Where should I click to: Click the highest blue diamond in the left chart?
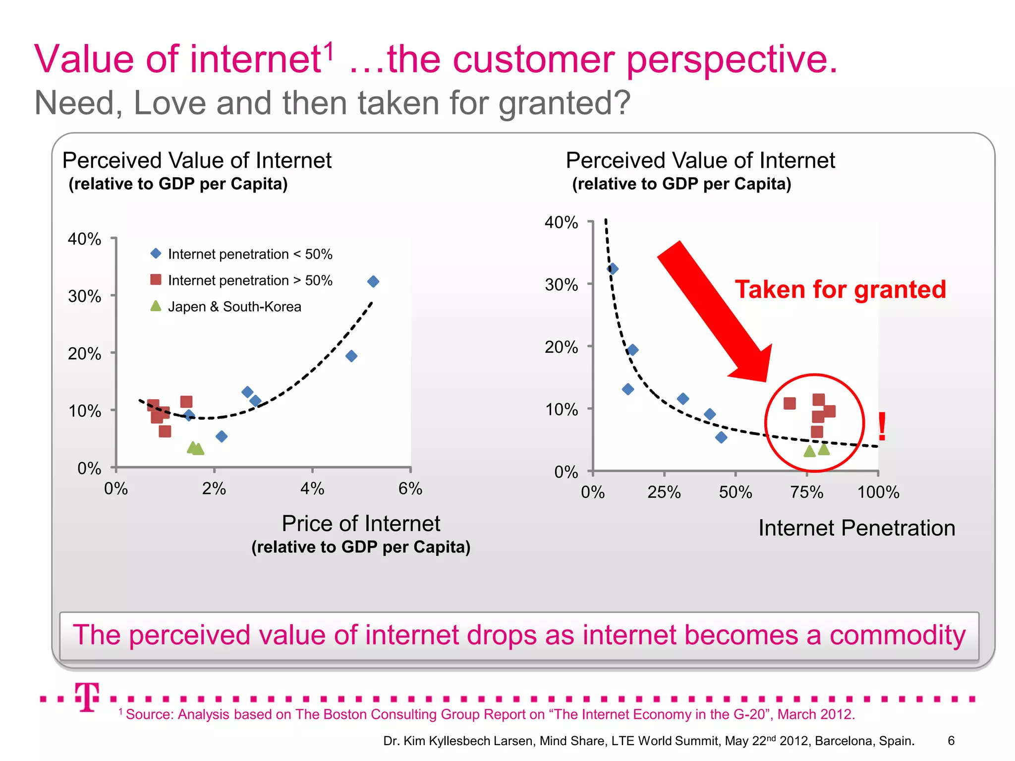[x=373, y=281]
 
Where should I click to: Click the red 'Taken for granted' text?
[x=841, y=289]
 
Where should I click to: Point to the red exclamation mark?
[x=882, y=427]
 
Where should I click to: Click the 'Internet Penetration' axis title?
[x=856, y=528]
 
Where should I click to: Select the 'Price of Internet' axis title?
[x=361, y=524]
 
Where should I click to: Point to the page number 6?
[x=951, y=741]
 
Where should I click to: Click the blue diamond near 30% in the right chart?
[x=613, y=269]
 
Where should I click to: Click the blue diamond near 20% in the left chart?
[x=351, y=356]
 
